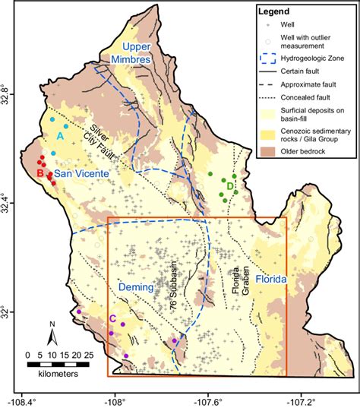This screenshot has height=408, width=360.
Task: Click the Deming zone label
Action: click(137, 288)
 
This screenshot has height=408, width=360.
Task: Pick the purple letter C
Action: click(112, 318)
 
